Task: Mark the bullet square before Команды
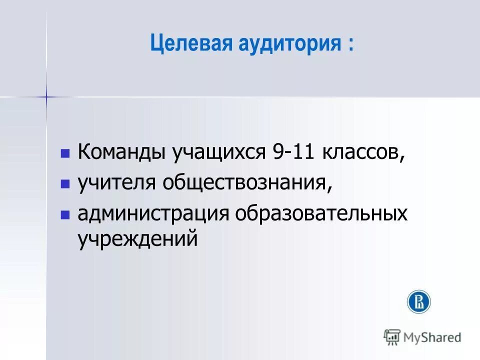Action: [x=64, y=153]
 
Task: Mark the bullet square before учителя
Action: [x=64, y=184]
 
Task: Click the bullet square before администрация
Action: [x=64, y=215]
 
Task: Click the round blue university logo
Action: [x=419, y=301]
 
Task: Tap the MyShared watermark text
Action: [x=433, y=337]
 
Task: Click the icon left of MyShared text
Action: [x=392, y=337]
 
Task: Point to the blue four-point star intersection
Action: [x=46, y=96]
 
